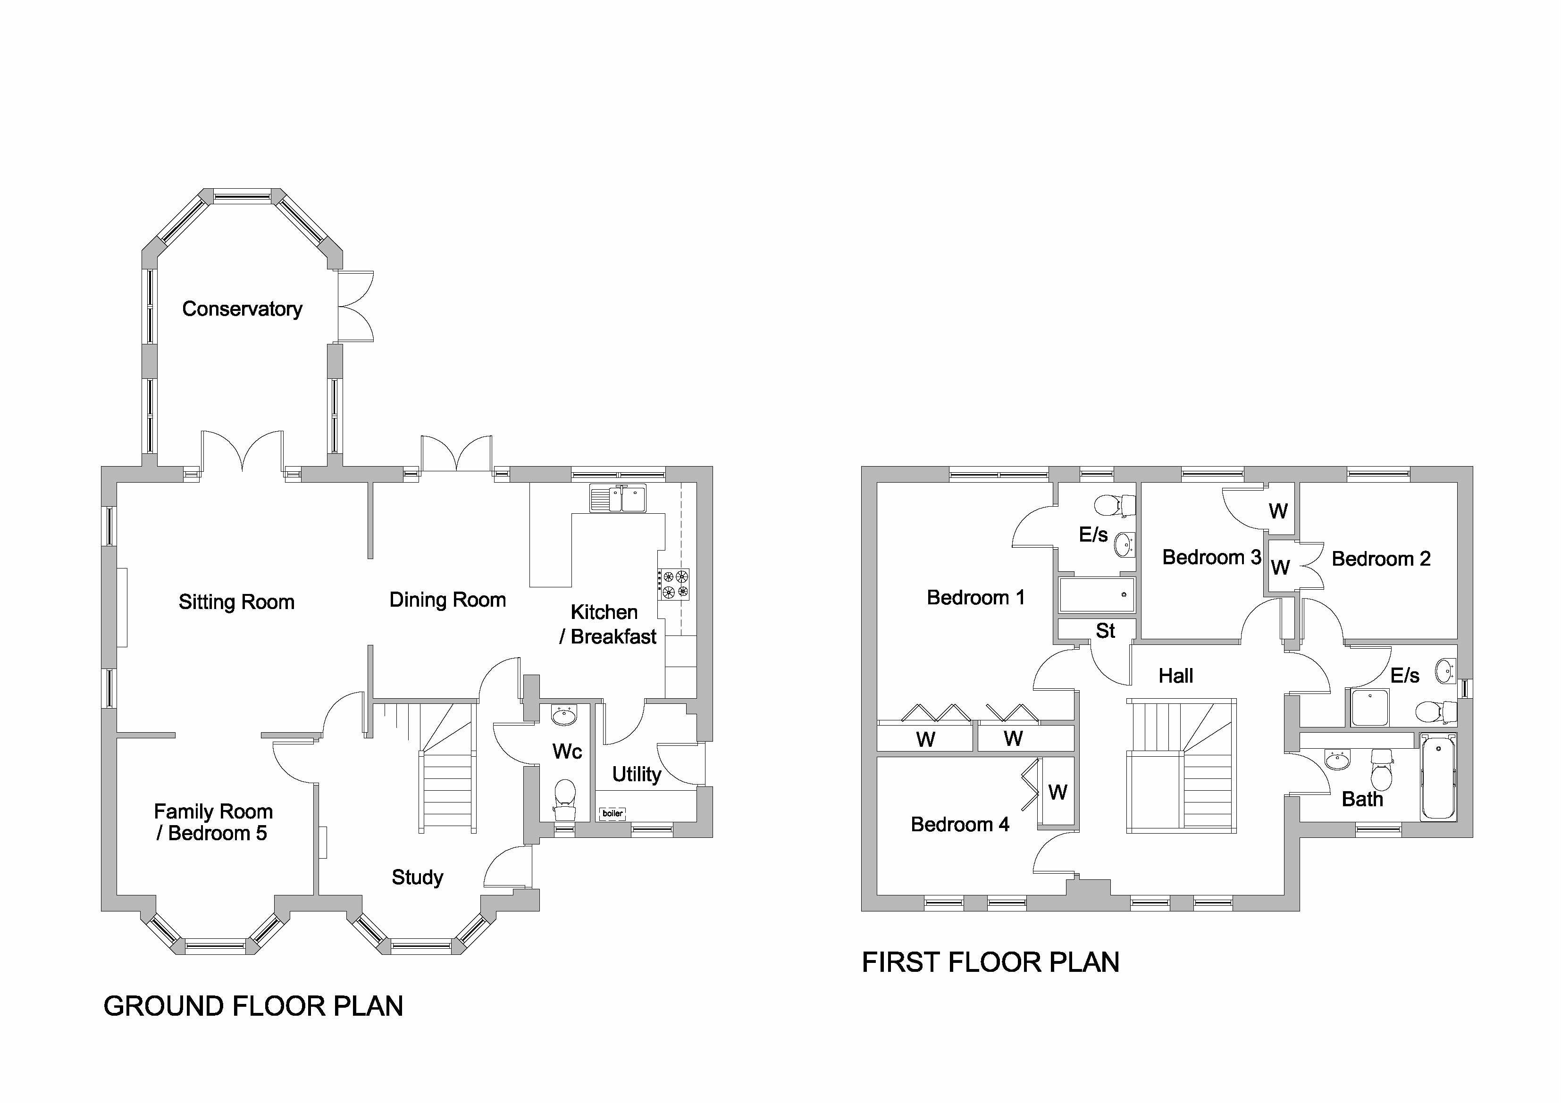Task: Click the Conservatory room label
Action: coord(242,309)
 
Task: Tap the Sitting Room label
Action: coord(236,602)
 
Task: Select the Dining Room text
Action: coord(447,600)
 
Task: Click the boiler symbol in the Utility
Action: coord(612,813)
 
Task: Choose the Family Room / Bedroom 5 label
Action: coord(213,822)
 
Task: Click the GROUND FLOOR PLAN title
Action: coord(253,1006)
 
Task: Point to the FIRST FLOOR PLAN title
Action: coord(990,962)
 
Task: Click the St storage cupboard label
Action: coord(1105,631)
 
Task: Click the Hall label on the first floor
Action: coord(1175,676)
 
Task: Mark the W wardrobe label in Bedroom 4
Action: coord(1057,793)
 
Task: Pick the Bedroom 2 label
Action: coord(1381,560)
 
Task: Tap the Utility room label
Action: coord(637,775)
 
